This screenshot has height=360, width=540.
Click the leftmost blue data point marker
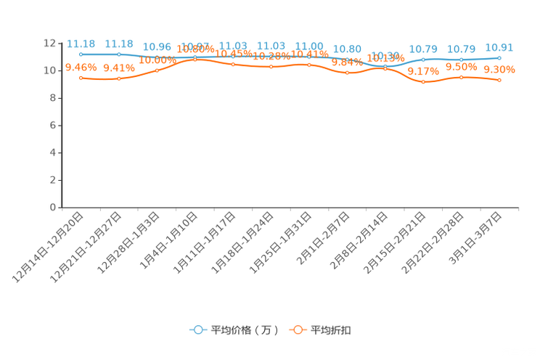click(x=81, y=54)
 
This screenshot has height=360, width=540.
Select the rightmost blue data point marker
click(x=499, y=57)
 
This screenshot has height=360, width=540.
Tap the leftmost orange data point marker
click(x=81, y=77)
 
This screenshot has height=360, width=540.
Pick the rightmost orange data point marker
click(x=499, y=79)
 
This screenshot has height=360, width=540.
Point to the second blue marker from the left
click(x=119, y=54)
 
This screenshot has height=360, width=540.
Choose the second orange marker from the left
click(x=119, y=78)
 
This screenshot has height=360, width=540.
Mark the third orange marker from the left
click(x=157, y=70)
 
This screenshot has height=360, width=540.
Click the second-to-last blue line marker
click(x=461, y=59)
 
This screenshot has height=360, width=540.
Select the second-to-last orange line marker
click(x=461, y=76)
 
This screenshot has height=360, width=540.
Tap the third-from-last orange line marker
click(x=423, y=81)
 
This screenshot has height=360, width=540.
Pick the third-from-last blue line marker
click(x=423, y=60)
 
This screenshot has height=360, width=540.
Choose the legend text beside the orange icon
click(x=332, y=330)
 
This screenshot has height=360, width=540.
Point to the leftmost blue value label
click(x=81, y=43)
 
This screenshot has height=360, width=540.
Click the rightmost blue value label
click(x=499, y=47)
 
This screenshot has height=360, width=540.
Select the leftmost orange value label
click(x=81, y=67)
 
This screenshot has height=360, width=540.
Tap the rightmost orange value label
click(x=499, y=69)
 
